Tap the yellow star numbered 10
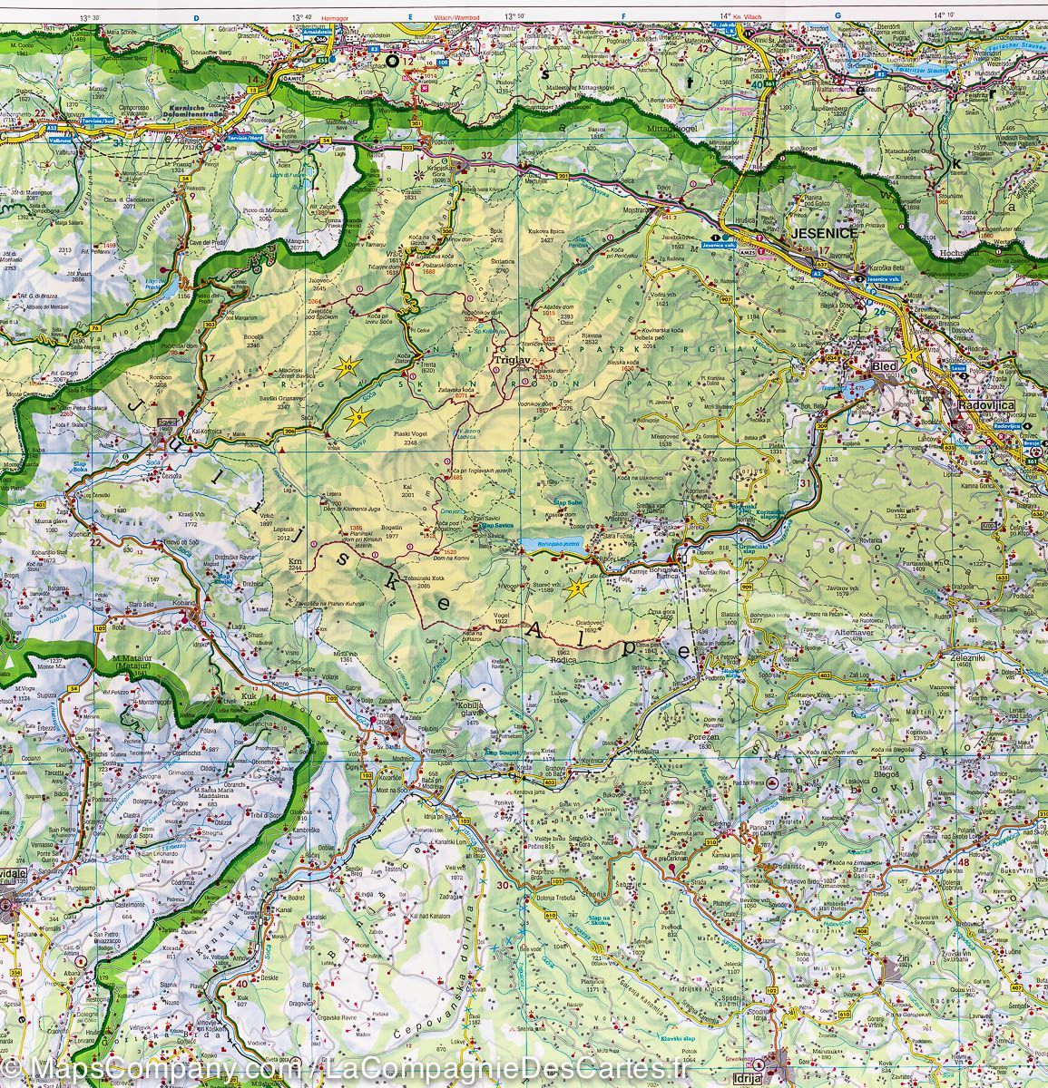[x=347, y=367]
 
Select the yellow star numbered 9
[x=358, y=417]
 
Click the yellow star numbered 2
[x=577, y=589]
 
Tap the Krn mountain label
[x=294, y=562]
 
